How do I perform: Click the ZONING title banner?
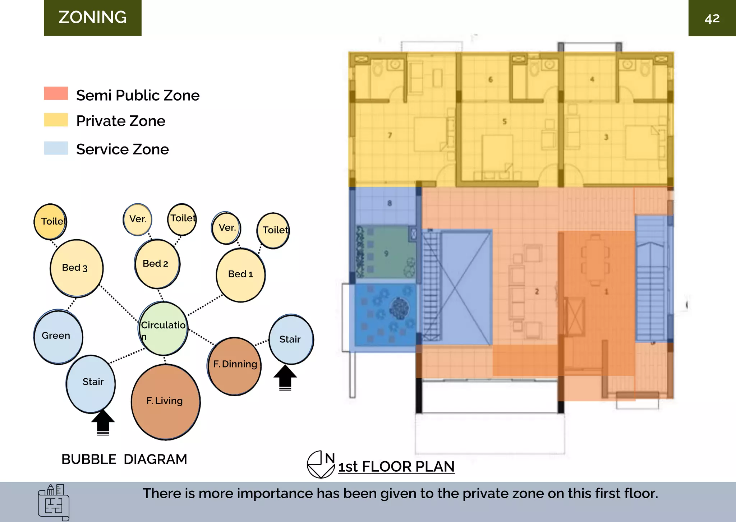(93, 18)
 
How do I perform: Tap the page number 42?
(712, 18)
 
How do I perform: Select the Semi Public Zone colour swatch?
(56, 93)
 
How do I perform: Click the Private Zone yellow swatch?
(56, 120)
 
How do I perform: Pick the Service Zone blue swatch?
(56, 148)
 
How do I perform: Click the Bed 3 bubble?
(76, 268)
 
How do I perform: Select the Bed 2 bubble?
(157, 264)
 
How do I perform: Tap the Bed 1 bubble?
(241, 275)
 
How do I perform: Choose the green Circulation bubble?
(164, 328)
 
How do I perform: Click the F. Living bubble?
(165, 402)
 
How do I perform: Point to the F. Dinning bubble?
(235, 365)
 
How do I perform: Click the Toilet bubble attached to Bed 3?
(50, 221)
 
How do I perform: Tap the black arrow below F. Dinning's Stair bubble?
(285, 378)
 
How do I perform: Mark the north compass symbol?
(320, 465)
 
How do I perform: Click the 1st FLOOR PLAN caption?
(396, 467)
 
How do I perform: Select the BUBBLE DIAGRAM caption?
(124, 459)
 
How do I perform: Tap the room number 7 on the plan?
(390, 135)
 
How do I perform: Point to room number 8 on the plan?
(390, 203)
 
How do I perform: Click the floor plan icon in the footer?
(54, 502)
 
